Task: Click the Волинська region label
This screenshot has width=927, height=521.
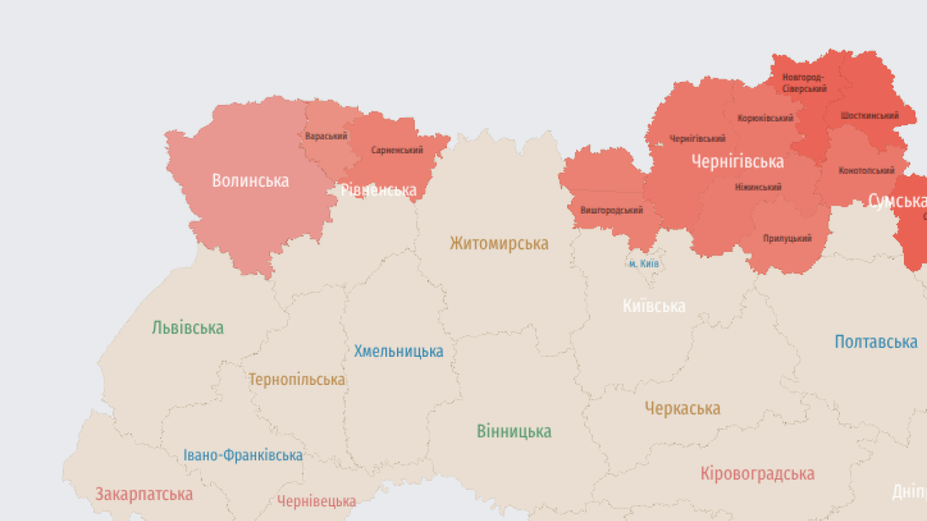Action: tap(250, 181)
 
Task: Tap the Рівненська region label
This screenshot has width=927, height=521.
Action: tap(379, 190)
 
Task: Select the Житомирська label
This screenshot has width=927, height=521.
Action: tap(499, 243)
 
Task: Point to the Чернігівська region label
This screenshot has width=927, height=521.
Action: tap(737, 161)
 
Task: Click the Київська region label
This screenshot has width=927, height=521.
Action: tap(654, 306)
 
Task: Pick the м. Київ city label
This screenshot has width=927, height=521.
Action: tap(643, 264)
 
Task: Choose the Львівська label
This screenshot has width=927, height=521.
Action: tap(188, 328)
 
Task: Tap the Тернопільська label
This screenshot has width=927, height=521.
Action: tap(297, 379)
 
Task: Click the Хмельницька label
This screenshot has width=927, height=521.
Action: tap(398, 352)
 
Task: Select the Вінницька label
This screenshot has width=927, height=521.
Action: tap(513, 432)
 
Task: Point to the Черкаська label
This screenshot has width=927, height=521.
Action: tap(682, 409)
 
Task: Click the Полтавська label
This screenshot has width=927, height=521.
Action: tap(876, 342)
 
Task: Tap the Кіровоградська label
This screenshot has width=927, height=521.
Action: tap(757, 474)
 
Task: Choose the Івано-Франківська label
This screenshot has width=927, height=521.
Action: tap(243, 455)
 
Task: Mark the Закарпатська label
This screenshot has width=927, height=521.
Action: tap(144, 494)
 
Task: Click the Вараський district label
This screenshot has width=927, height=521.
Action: tap(326, 136)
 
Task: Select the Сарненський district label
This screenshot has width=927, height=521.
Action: tap(397, 151)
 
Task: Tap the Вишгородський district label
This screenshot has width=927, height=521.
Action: tap(611, 211)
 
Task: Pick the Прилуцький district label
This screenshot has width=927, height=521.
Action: tap(787, 238)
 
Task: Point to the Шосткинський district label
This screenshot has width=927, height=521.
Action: tap(870, 116)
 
